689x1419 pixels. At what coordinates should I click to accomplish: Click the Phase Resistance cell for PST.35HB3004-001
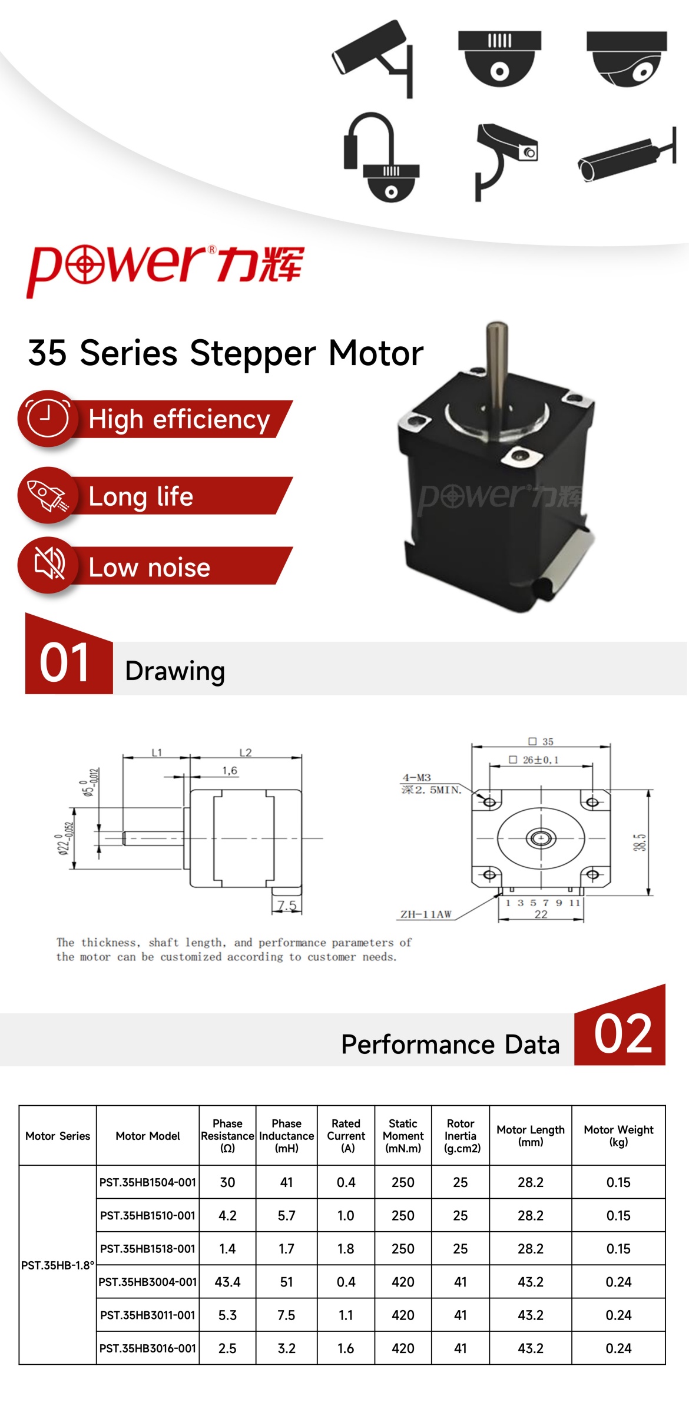(x=227, y=1282)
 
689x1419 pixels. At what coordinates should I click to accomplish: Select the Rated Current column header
(x=346, y=1136)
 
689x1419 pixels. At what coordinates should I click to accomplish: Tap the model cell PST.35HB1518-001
(x=148, y=1249)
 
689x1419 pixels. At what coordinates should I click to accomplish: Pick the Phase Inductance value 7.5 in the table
(x=286, y=1315)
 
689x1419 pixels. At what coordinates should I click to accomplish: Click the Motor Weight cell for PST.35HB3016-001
(x=618, y=1348)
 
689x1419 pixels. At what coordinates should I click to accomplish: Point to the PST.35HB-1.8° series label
(x=58, y=1265)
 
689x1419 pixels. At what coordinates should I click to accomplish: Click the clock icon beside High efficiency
(x=48, y=417)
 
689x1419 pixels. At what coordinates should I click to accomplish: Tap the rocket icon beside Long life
(x=48, y=495)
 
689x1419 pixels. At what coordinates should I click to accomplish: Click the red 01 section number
(x=65, y=662)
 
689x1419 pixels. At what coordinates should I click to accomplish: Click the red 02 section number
(x=623, y=1034)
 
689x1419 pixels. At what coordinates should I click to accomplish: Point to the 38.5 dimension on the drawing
(x=640, y=843)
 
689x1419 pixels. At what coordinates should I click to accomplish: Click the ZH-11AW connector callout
(x=426, y=914)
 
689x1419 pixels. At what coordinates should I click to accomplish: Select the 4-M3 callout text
(x=417, y=778)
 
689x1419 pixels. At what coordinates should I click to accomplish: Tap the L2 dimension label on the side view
(x=246, y=752)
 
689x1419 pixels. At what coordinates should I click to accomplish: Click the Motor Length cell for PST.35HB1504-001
(x=531, y=1182)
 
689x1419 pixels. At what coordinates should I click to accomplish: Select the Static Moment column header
(x=403, y=1136)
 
